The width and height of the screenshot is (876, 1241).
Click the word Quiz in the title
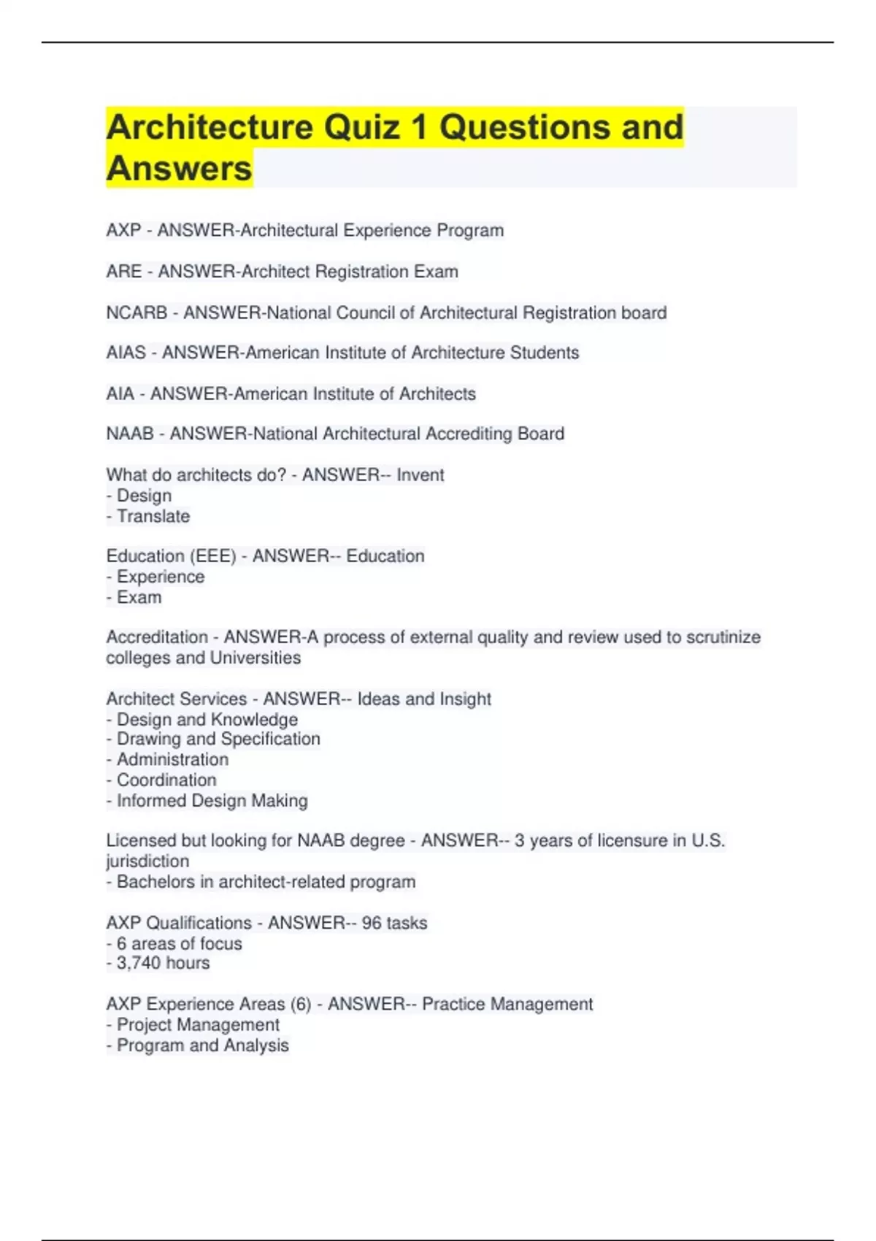(x=362, y=127)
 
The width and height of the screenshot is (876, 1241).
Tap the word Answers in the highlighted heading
(x=179, y=169)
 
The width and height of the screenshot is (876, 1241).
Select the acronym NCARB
(x=137, y=313)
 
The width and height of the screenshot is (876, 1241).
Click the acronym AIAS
(x=126, y=353)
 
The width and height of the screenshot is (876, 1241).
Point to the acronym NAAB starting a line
(x=130, y=434)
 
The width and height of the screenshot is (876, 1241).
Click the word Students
(x=544, y=353)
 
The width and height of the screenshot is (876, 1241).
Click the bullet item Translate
(x=153, y=516)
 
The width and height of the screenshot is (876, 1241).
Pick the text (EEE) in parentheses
(x=213, y=556)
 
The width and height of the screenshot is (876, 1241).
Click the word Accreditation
(x=157, y=637)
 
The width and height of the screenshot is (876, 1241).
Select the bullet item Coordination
(x=166, y=780)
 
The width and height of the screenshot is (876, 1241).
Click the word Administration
(x=172, y=760)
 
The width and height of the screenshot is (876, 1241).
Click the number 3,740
(x=138, y=964)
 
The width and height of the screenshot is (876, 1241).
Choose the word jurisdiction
(x=147, y=861)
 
